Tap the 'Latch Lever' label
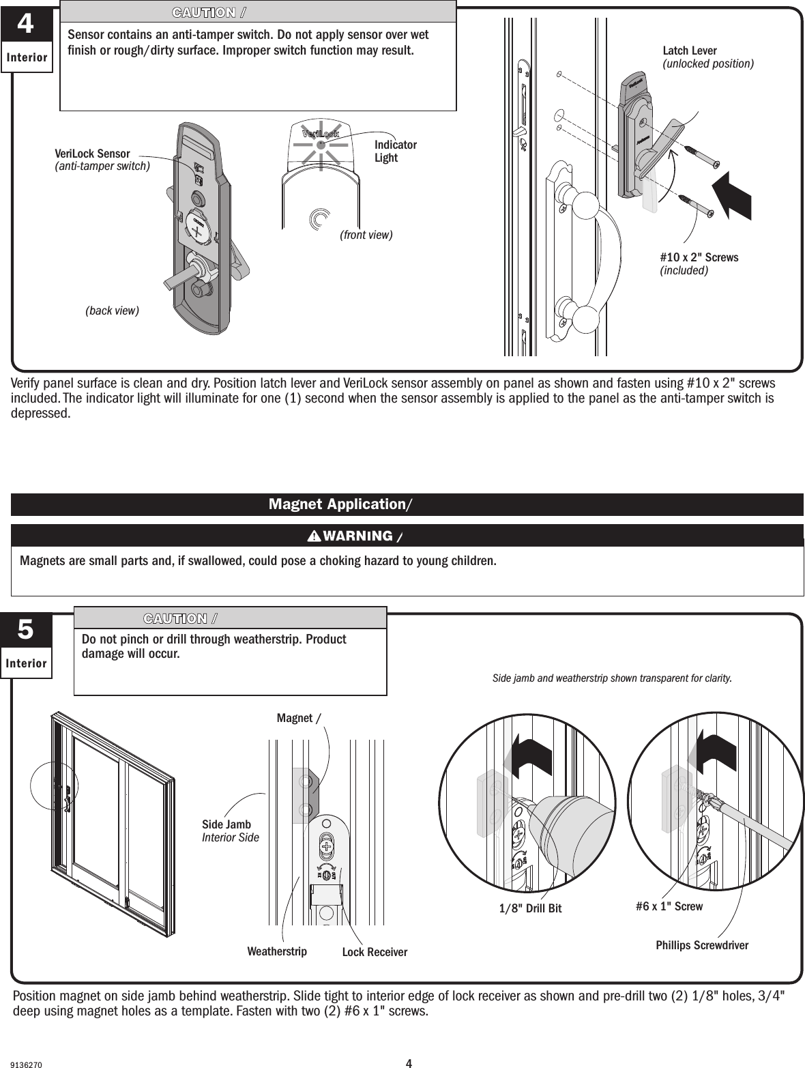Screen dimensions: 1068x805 (690, 51)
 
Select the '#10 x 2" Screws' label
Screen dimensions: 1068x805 (699, 257)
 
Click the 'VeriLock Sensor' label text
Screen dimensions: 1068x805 (92, 154)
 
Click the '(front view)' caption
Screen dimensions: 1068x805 (366, 235)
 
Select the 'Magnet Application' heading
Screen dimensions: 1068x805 (338, 504)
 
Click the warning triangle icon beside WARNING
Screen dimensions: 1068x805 (313, 536)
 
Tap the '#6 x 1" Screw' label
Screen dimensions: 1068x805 (669, 906)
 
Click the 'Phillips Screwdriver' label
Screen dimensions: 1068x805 (701, 945)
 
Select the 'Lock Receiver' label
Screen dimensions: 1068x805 (375, 952)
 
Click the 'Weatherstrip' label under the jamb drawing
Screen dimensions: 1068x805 (277, 951)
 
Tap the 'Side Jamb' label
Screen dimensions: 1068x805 (226, 824)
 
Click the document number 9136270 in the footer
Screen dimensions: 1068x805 (29, 1063)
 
